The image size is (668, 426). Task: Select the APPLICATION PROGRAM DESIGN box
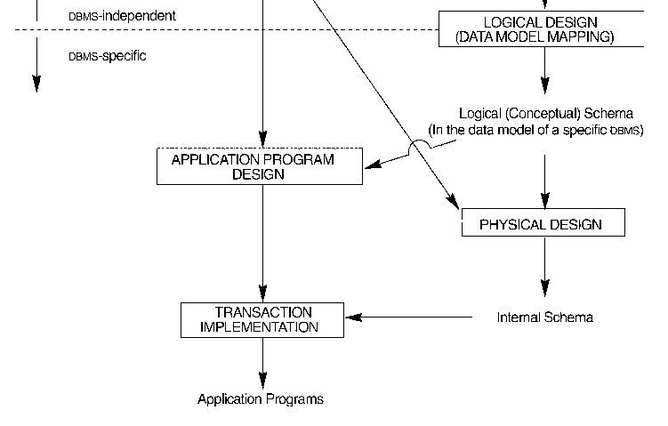(x=259, y=166)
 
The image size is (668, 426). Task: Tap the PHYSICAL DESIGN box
(x=543, y=223)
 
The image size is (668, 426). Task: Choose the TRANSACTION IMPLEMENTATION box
(x=262, y=319)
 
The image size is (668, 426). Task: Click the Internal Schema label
(x=544, y=317)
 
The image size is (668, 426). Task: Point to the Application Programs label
(x=261, y=399)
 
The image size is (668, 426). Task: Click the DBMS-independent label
(x=122, y=16)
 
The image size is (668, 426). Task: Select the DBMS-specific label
(x=108, y=56)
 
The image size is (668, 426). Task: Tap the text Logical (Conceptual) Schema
(x=545, y=113)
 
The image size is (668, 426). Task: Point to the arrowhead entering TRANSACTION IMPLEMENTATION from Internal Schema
(x=354, y=317)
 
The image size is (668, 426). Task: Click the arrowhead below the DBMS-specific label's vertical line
(x=36, y=84)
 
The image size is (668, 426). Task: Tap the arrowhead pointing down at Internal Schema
(x=544, y=288)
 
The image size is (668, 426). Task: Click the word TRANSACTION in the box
(x=262, y=312)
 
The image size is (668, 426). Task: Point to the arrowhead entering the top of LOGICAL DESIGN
(x=544, y=4)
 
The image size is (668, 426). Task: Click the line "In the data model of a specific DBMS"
(x=536, y=130)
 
